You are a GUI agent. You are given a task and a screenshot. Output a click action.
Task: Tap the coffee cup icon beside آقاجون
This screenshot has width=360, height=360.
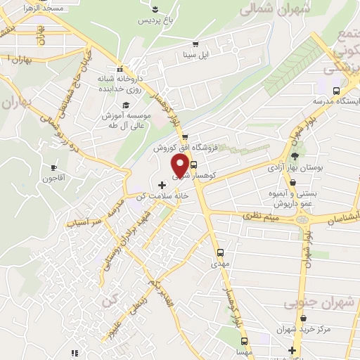53,168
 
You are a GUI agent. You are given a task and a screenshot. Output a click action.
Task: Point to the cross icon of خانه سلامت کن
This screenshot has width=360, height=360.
162,184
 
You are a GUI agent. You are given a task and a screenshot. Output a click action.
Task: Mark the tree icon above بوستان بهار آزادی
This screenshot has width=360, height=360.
295,156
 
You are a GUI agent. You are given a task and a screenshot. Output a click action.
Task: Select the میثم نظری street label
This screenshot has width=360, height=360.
262,219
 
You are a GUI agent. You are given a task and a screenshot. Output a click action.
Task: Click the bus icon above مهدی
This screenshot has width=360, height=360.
220,252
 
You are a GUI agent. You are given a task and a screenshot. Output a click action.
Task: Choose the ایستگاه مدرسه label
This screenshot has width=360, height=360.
336,101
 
